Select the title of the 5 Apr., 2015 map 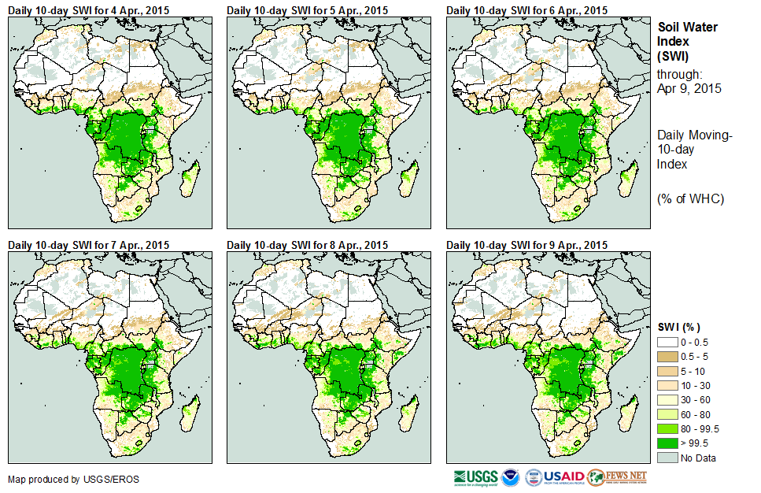pyautogui.click(x=308, y=10)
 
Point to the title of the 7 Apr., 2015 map pyautogui.click(x=88, y=245)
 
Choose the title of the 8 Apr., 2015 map pyautogui.click(x=308, y=245)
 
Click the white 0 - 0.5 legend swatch pyautogui.click(x=667, y=343)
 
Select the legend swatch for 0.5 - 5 pyautogui.click(x=667, y=357)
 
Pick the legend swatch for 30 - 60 pyautogui.click(x=667, y=400)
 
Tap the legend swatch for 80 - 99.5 pyautogui.click(x=667, y=428)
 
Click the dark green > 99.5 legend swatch pyautogui.click(x=667, y=443)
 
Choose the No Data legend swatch pyautogui.click(x=667, y=458)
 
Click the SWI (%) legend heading pyautogui.click(x=678, y=327)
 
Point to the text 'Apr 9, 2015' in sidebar pyautogui.click(x=689, y=88)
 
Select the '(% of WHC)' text pyautogui.click(x=690, y=198)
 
